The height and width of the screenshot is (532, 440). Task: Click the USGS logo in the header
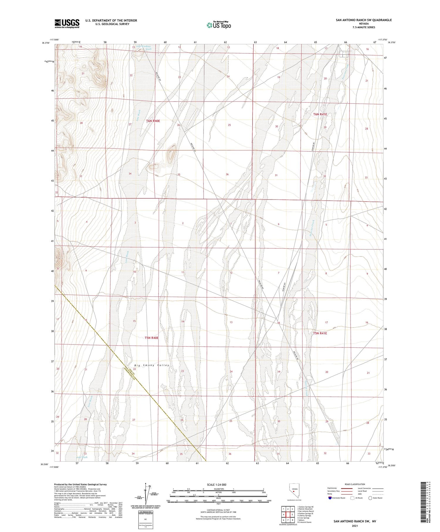(67, 23)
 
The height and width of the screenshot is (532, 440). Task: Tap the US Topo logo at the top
(219, 25)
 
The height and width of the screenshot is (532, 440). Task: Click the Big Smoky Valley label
(152, 365)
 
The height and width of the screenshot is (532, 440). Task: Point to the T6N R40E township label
(153, 121)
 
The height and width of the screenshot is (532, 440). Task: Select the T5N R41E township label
(320, 333)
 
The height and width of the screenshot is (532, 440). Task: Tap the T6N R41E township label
(320, 114)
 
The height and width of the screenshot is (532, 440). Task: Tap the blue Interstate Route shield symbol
(330, 498)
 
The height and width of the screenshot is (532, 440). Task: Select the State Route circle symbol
(370, 498)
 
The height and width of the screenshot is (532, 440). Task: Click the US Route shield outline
(352, 498)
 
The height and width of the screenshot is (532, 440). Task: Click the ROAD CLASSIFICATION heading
(355, 484)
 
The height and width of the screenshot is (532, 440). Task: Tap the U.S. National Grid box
(145, 520)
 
